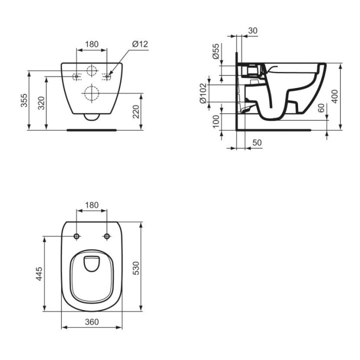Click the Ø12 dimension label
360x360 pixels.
click(x=140, y=44)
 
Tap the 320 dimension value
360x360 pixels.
click(x=40, y=103)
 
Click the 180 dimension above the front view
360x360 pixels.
click(x=91, y=44)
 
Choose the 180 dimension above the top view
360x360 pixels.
click(x=91, y=205)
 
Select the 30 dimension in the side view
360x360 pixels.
click(x=252, y=30)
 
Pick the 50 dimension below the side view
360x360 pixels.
click(x=257, y=142)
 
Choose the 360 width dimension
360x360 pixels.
click(x=91, y=322)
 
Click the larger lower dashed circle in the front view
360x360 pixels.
click(x=91, y=93)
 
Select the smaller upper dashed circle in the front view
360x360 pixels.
click(x=91, y=71)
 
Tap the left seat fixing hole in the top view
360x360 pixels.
click(x=76, y=236)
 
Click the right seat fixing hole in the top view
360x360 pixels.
click(x=106, y=236)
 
